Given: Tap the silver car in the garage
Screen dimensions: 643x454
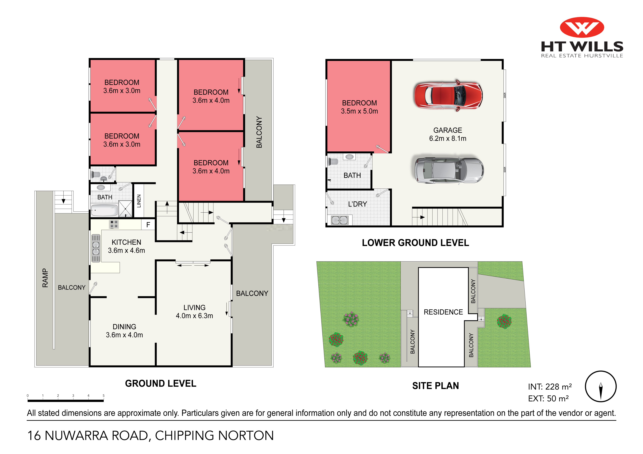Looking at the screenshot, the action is pyautogui.click(x=449, y=169).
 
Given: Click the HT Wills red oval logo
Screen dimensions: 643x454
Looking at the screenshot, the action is pyautogui.click(x=582, y=27).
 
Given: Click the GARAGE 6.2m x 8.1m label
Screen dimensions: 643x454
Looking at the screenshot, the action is pyautogui.click(x=448, y=134).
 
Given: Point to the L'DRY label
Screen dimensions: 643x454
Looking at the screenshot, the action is pyautogui.click(x=357, y=204).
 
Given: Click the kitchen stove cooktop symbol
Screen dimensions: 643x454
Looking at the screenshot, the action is pyautogui.click(x=114, y=224).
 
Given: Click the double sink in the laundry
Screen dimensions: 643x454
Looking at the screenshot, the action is pyautogui.click(x=339, y=220).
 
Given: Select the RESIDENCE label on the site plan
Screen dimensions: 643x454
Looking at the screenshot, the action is pyautogui.click(x=443, y=312).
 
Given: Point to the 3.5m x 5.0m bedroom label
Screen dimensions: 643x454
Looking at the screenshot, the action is pyautogui.click(x=359, y=111).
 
